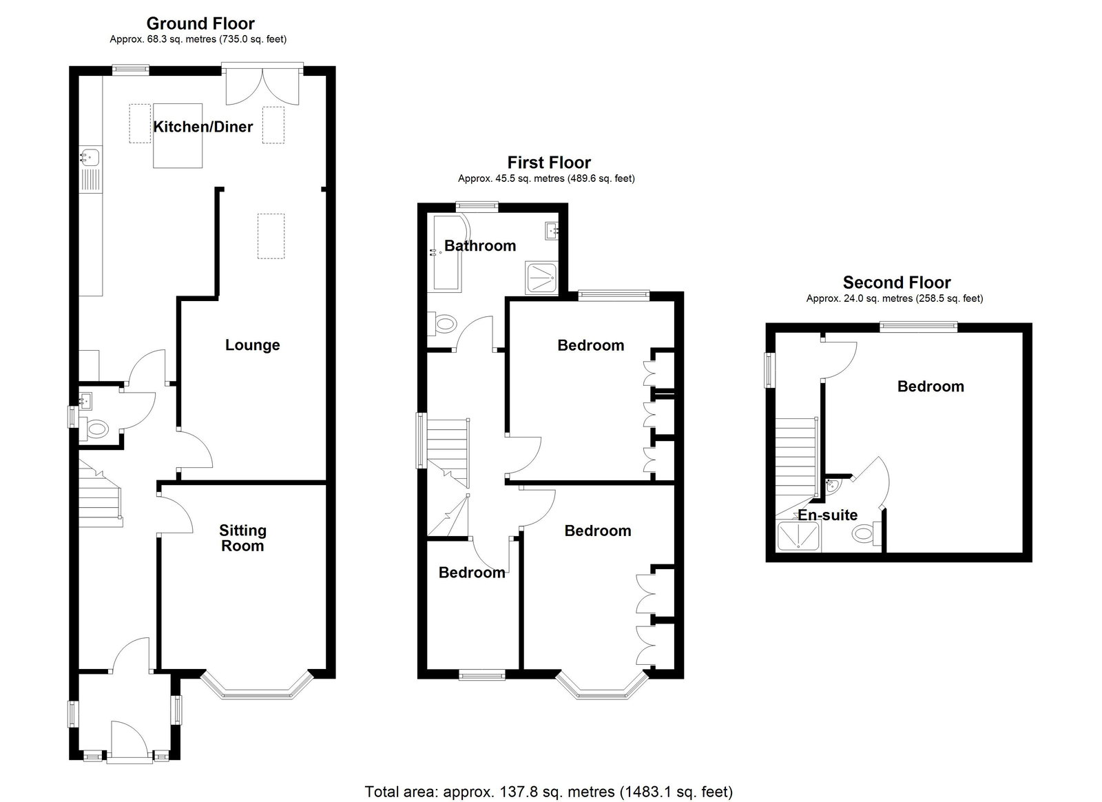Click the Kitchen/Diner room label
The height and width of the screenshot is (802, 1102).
(x=202, y=127)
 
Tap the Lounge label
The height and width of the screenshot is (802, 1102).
(x=252, y=345)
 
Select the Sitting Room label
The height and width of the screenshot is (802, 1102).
(x=242, y=538)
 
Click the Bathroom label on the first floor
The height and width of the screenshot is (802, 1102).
(x=479, y=245)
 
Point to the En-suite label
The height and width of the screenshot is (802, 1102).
(x=827, y=515)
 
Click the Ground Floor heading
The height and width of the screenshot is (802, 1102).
(x=200, y=23)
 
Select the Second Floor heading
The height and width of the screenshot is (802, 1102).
(x=897, y=282)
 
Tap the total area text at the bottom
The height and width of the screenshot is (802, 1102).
(x=548, y=792)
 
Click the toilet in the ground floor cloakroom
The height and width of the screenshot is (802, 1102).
(x=95, y=428)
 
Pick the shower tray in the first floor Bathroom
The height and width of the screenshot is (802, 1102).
(x=541, y=278)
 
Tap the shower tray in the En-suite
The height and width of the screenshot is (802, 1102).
(x=798, y=536)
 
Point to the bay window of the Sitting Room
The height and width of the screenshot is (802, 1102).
(x=257, y=686)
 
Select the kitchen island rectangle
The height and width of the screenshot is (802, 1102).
(x=178, y=136)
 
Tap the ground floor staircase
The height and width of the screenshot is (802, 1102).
(x=100, y=494)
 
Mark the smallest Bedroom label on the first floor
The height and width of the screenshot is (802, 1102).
(x=472, y=573)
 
